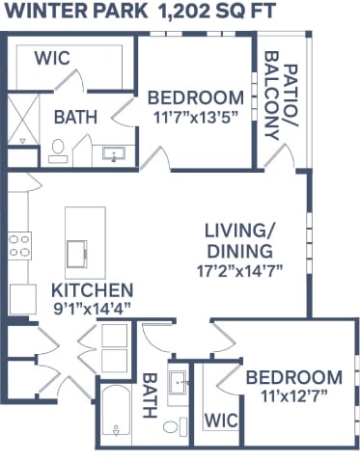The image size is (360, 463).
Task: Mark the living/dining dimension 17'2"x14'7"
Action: (x=241, y=273)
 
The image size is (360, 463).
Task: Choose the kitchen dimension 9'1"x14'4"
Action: (x=92, y=308)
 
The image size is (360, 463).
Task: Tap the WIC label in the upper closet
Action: (x=54, y=58)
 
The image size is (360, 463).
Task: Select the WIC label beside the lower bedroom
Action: (x=220, y=421)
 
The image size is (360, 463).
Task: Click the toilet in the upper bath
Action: (x=56, y=149)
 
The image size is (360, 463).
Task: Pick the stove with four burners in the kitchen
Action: (x=20, y=245)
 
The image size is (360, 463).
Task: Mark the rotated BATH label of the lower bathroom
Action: (x=150, y=395)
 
